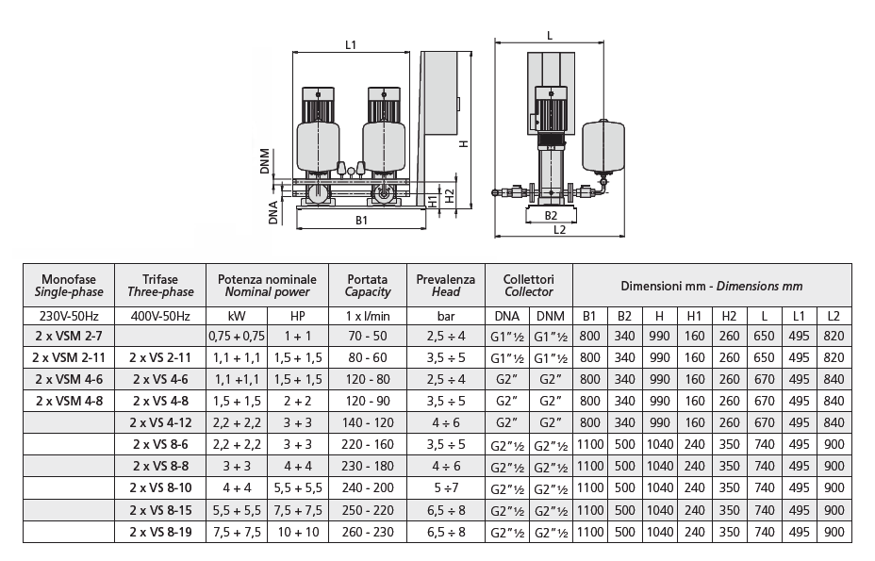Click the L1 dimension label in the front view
click(350, 43)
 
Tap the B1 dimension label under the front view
click(361, 221)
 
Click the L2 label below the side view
click(559, 229)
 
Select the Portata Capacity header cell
click(368, 285)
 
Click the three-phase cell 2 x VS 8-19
click(159, 533)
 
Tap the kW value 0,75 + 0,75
click(236, 336)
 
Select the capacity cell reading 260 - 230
click(368, 533)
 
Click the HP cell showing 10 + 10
click(298, 533)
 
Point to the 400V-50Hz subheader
click(159, 315)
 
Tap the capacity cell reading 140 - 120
click(368, 423)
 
